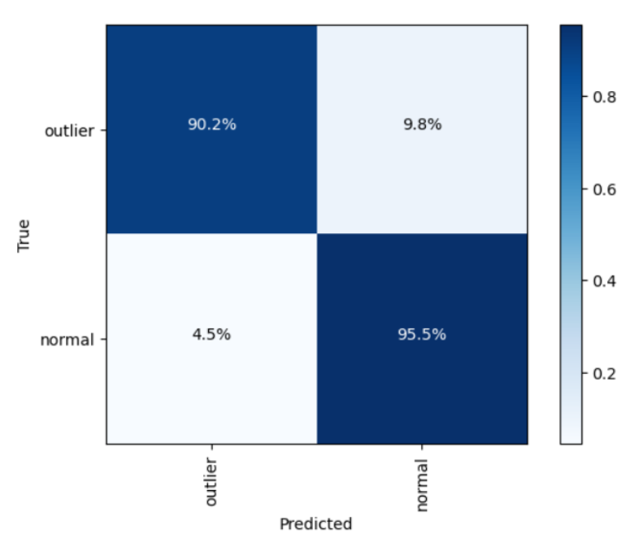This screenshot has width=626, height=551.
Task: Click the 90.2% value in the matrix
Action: pos(211,126)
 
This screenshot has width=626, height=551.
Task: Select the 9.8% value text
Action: pos(422,126)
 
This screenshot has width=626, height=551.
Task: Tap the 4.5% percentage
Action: pos(211,334)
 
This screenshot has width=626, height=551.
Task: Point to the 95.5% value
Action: pos(422,334)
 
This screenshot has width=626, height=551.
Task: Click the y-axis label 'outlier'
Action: pos(72,129)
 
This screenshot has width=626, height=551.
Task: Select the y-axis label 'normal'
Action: pos(69,340)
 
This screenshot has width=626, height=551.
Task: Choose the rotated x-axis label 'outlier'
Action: pos(211,481)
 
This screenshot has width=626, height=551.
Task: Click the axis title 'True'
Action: pos(24,234)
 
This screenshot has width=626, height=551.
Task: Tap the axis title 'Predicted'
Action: pos(316,524)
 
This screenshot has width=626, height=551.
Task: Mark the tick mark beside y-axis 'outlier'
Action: pos(103,129)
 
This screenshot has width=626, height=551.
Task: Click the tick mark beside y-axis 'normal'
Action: pos(103,340)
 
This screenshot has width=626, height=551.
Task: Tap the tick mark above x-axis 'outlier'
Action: pos(211,448)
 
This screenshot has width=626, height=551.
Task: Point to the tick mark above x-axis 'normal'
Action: pos(422,448)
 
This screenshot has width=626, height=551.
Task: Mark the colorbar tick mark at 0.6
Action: pos(584,189)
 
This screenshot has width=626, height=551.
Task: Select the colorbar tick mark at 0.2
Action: pos(584,373)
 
